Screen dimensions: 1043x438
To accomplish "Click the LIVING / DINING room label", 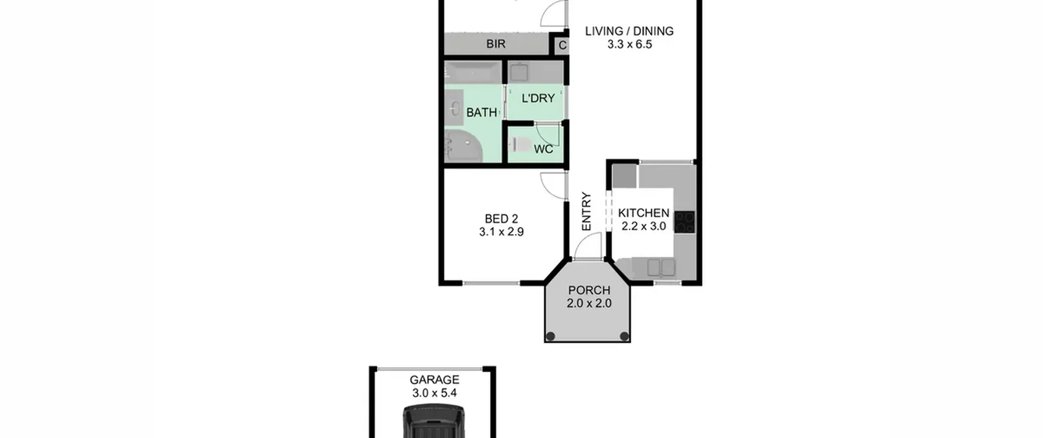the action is coord(629,31).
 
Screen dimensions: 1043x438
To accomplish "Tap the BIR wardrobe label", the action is coord(496,44).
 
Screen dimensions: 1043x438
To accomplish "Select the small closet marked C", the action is coord(562,45).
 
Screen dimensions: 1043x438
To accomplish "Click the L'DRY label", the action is coord(538,98).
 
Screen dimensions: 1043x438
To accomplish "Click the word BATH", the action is coord(482,112).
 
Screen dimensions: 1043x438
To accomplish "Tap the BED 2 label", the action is coord(501,219).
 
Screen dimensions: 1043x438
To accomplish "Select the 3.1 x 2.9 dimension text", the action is coord(501,232).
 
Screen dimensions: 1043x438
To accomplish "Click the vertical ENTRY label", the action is coord(586,211).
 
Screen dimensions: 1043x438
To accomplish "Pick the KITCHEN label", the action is coord(643,213).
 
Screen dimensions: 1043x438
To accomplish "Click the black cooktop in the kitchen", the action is coord(684,222).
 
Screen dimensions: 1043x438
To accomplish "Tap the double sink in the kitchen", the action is coord(661,267).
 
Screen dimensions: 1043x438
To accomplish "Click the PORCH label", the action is coord(589,291).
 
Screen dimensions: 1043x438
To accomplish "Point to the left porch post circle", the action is coord(550,336).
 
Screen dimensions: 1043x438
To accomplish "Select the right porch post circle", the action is coord(624,336).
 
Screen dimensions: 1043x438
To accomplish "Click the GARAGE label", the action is coord(434,380).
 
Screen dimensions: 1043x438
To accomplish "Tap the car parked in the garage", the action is coord(434,421).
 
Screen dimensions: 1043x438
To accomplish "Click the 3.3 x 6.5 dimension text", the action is coord(629,44).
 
